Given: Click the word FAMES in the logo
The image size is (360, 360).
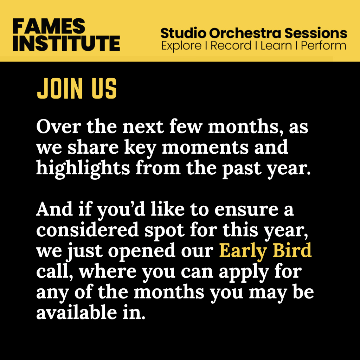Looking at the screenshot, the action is (49, 26).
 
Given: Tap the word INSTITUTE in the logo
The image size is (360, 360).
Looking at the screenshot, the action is (66, 43).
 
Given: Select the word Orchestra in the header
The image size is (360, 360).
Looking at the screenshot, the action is (245, 33).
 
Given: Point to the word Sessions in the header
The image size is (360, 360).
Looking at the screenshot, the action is (316, 33).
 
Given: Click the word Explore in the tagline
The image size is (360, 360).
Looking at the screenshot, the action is (181, 46).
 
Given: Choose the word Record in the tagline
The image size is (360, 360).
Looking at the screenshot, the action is (231, 45).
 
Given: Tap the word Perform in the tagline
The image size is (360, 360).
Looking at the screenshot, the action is (323, 45).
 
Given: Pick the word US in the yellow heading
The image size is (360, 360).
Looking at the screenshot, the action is (104, 88).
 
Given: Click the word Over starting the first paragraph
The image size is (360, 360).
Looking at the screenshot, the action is (59, 127).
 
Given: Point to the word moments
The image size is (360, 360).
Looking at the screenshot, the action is (205, 147).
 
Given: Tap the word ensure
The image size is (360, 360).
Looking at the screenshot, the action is (246, 210).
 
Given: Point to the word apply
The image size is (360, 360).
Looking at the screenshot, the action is (244, 272).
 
